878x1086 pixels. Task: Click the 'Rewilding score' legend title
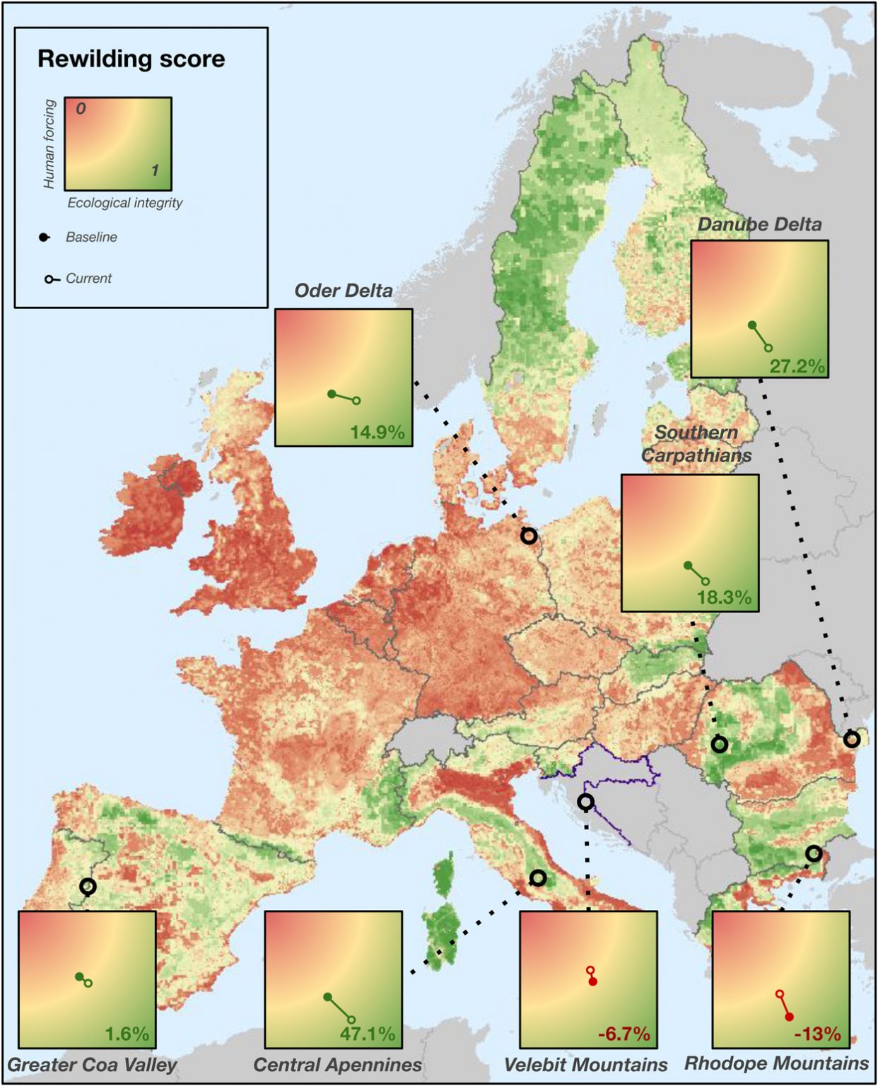131,59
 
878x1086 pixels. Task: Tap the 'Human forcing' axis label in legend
49,144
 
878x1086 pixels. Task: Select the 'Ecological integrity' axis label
124,203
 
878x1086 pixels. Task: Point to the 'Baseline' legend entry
90,238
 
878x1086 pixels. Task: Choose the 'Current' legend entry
88,279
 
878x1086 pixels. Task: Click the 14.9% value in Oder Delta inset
377,431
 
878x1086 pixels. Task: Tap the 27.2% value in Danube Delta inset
797,366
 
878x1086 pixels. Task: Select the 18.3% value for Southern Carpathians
724,597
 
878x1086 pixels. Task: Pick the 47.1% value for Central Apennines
367,1034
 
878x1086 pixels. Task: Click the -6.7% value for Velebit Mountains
624,1034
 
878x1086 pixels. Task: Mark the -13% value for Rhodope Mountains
817,1034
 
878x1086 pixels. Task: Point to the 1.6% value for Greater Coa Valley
127,1034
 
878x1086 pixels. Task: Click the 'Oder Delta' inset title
343,291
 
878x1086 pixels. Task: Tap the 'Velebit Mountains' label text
585,1065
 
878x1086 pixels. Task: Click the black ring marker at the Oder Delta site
529,536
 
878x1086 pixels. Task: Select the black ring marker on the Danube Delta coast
852,740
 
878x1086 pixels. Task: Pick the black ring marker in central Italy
538,878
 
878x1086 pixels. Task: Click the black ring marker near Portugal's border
88,886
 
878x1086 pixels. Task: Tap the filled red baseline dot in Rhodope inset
789,1017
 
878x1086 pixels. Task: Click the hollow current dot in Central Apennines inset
351,1020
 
